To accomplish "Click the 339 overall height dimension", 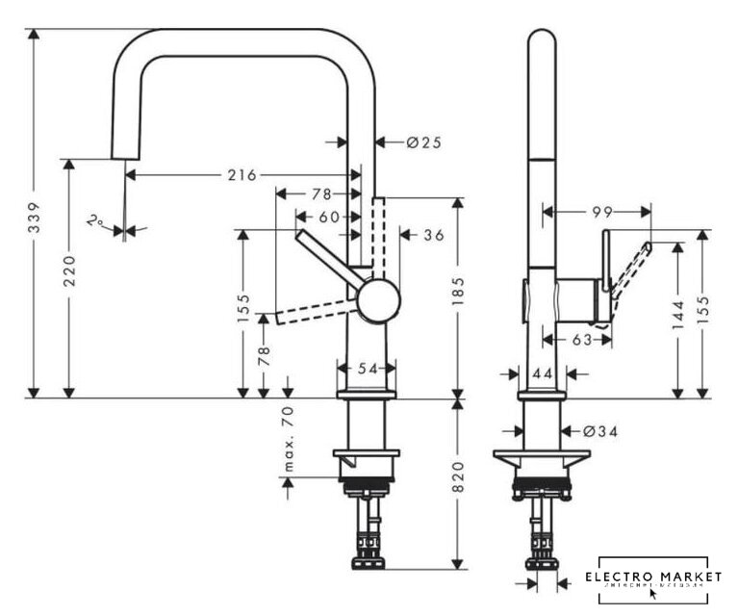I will tap(34, 212).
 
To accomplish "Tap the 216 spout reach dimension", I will tap(242, 175).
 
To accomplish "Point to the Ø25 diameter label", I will tap(423, 142).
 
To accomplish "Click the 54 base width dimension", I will tap(367, 368).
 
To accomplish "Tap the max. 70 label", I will tap(288, 439).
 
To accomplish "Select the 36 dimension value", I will tap(432, 235).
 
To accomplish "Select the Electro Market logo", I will tap(654, 577).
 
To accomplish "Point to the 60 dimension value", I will tap(329, 218).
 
